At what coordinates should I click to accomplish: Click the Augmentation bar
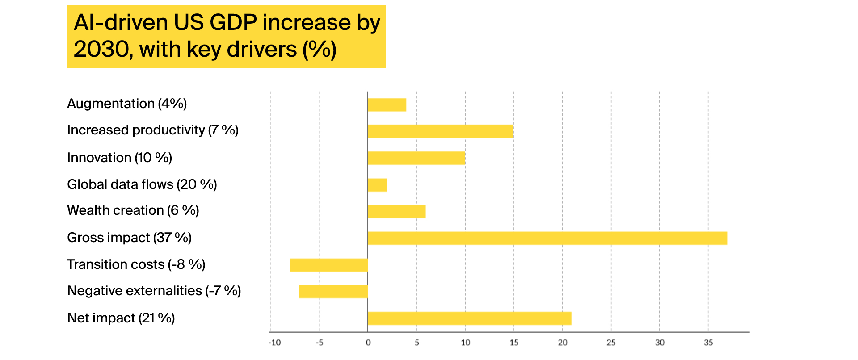click(387, 105)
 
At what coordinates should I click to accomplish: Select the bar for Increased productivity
click(441, 131)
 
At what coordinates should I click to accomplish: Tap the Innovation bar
click(416, 158)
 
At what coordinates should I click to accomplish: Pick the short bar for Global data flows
click(378, 185)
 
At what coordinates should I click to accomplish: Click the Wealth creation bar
click(397, 211)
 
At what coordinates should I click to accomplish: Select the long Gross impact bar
click(547, 238)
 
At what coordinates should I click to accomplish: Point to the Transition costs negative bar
click(329, 265)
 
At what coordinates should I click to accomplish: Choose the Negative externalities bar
click(334, 292)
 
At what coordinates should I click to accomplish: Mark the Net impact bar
click(470, 318)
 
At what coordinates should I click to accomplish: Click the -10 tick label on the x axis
click(274, 343)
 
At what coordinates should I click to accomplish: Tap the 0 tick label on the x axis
click(368, 343)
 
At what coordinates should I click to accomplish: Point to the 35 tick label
click(708, 343)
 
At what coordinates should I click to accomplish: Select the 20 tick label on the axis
click(563, 343)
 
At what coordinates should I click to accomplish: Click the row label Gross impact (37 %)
click(129, 238)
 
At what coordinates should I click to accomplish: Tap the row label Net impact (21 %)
click(121, 318)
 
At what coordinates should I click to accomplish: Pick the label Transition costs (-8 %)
click(136, 264)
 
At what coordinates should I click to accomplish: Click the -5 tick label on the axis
click(320, 343)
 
